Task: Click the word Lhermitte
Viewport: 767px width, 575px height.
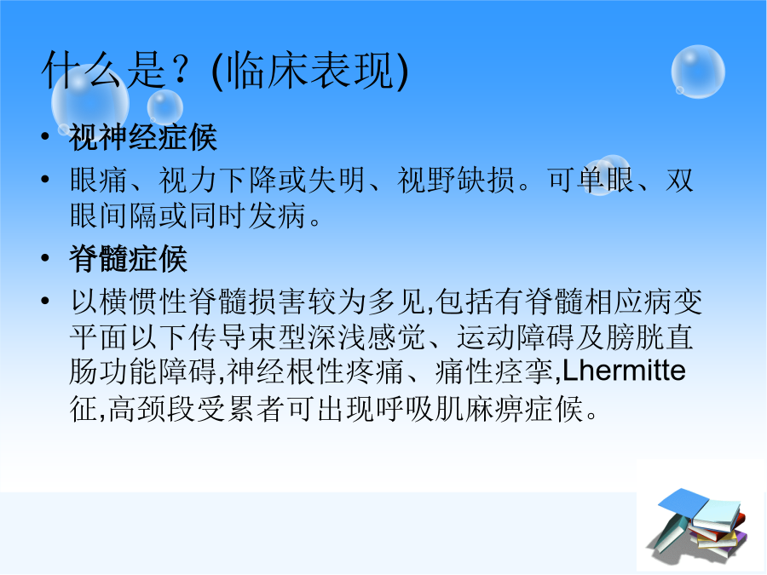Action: pyautogui.click(x=624, y=371)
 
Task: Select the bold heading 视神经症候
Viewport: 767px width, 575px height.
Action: pyautogui.click(x=143, y=137)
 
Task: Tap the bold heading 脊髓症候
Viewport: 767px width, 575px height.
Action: pyautogui.click(x=128, y=258)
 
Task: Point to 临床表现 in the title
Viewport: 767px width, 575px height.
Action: pyautogui.click(x=310, y=71)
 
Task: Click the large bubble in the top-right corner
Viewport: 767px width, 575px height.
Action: pyautogui.click(x=698, y=72)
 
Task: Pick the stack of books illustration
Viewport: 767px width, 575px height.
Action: pyautogui.click(x=696, y=524)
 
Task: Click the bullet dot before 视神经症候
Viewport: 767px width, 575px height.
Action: pyautogui.click(x=45, y=136)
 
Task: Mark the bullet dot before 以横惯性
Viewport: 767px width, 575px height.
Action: pyautogui.click(x=45, y=300)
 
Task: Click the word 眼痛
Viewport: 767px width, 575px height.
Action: pyautogui.click(x=99, y=180)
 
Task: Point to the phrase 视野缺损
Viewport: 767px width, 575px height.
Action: pyautogui.click(x=455, y=180)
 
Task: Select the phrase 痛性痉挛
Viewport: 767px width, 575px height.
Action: pyautogui.click(x=494, y=371)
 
